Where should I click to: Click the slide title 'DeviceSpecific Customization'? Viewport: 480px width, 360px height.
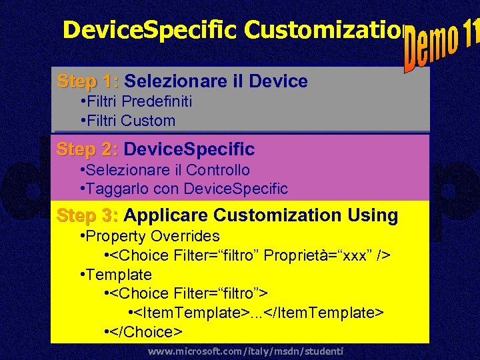tap(233, 30)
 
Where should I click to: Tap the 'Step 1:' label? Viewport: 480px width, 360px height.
tap(88, 82)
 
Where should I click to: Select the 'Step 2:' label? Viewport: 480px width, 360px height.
tap(88, 149)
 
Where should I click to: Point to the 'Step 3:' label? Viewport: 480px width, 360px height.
tap(88, 215)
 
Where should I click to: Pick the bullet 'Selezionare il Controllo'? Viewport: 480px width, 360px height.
tap(164, 170)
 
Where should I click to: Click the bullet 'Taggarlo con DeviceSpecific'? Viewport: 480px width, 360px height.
tap(183, 189)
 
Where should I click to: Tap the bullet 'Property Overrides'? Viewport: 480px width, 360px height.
tap(149, 236)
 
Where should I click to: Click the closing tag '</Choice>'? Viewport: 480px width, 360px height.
tap(146, 331)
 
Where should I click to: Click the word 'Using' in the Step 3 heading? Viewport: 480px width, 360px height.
tap(373, 215)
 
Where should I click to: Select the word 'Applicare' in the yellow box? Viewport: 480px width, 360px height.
tap(166, 215)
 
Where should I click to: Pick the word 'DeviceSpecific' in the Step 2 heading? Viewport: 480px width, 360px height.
tap(189, 149)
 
